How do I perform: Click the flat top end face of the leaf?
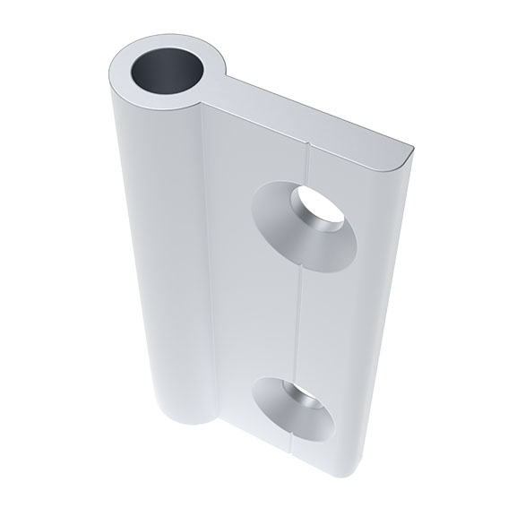pos(314,116)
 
